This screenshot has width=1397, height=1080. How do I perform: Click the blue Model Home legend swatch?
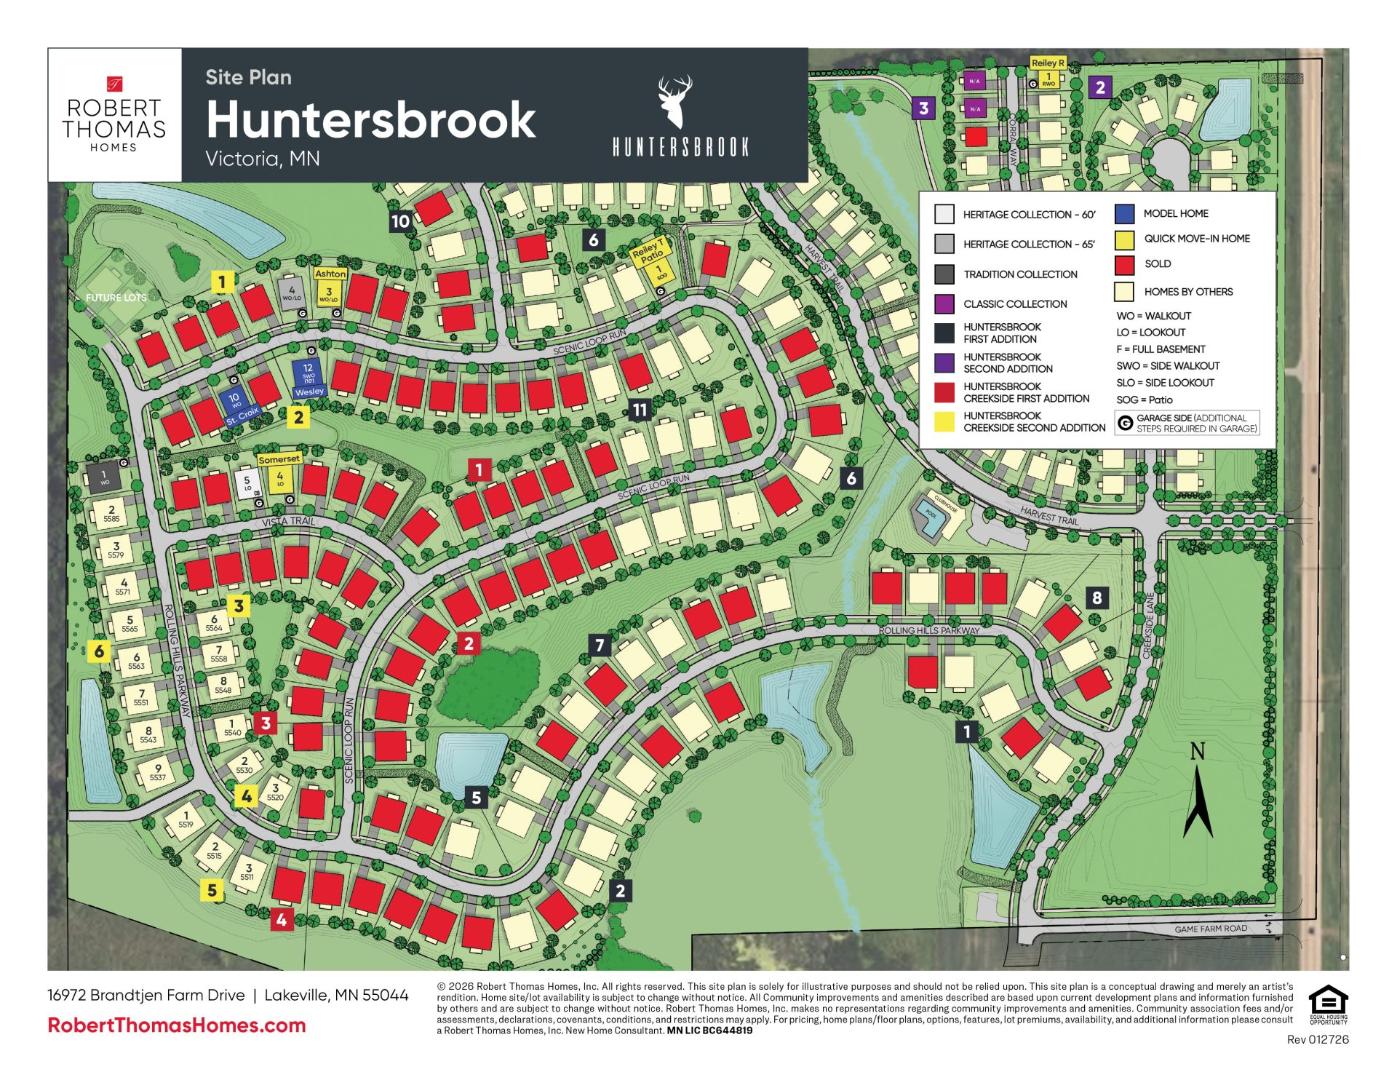click(1124, 213)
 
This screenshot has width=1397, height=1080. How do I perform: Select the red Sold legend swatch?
click(1124, 264)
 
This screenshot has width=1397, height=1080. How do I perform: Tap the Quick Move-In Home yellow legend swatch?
click(1124, 239)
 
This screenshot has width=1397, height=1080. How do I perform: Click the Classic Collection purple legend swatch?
click(944, 303)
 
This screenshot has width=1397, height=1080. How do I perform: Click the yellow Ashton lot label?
click(330, 274)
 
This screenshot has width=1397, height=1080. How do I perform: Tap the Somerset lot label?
click(279, 459)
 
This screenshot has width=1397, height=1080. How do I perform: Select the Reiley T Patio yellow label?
click(649, 252)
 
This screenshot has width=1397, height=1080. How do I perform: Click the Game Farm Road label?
click(1210, 929)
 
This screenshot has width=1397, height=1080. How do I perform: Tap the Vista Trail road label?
click(288, 521)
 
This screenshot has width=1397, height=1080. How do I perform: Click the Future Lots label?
click(116, 297)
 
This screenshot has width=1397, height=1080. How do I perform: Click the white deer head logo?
click(674, 101)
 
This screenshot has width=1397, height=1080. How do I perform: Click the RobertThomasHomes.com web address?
click(177, 1025)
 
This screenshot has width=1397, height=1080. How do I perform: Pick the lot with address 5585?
click(111, 514)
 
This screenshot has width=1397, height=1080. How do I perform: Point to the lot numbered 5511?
click(248, 872)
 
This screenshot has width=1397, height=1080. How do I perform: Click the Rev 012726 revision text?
click(1317, 1039)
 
